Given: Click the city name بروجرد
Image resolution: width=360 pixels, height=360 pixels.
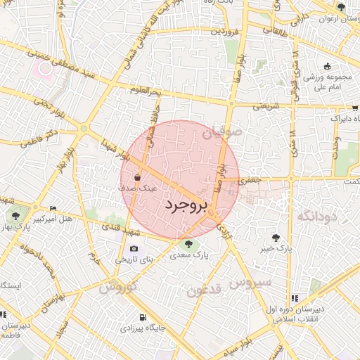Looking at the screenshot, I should (x=186, y=205).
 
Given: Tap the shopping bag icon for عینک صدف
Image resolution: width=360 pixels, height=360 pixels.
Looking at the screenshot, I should (x=137, y=178).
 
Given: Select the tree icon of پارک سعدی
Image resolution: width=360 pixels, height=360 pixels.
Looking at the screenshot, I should (x=188, y=245).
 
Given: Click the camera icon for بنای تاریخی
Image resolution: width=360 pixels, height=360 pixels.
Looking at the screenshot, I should (x=134, y=249).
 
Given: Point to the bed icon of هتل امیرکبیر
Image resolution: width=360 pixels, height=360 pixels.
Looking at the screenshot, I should (x=53, y=210).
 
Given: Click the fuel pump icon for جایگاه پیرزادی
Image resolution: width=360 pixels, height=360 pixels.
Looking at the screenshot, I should (x=143, y=317).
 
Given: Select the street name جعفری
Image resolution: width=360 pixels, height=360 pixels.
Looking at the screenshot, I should (x=250, y=180).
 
